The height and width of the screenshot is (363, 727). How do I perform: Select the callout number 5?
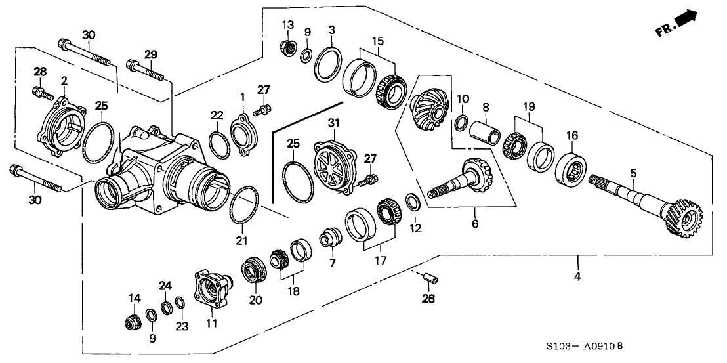pyautogui.click(x=633, y=173)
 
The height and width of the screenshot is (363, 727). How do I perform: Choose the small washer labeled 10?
pyautogui.click(x=461, y=121)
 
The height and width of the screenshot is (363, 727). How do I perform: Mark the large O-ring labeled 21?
pyautogui.click(x=245, y=204)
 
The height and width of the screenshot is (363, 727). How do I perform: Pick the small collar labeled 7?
pyautogui.click(x=329, y=238)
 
